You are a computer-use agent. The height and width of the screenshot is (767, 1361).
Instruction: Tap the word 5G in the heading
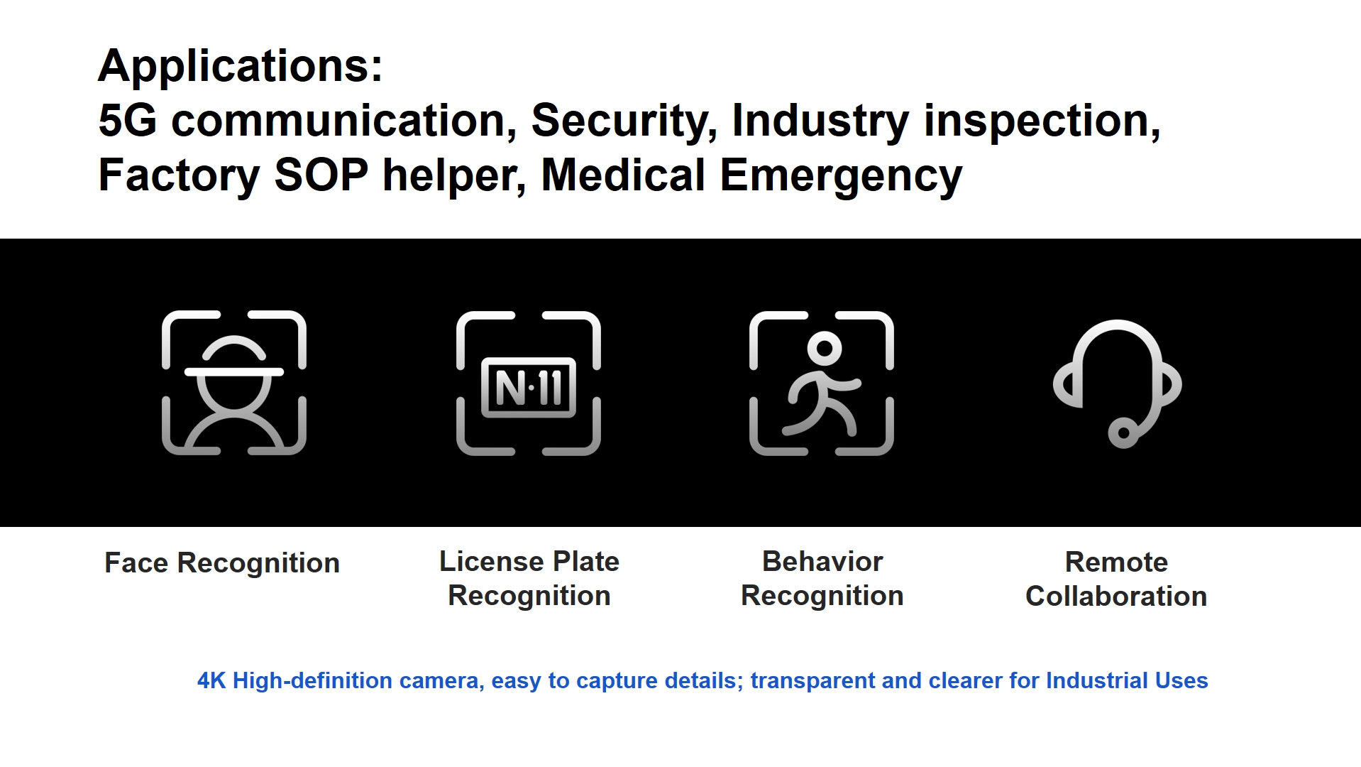coord(128,120)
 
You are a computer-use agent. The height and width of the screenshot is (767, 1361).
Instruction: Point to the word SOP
coord(321,175)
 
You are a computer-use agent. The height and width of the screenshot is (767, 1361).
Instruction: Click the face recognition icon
coord(234,383)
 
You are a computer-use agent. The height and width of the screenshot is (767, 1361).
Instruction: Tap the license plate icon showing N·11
coord(529,383)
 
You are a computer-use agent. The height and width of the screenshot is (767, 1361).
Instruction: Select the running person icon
coord(822,383)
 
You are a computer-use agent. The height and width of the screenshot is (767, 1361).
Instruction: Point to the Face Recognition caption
coord(222,564)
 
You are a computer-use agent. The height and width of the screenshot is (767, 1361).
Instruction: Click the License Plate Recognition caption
coord(529,579)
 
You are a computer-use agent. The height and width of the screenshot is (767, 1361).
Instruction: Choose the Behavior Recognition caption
coord(822,579)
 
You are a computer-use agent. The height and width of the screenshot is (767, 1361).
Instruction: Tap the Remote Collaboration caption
coord(1116,580)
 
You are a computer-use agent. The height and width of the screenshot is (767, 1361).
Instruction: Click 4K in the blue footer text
coord(211,680)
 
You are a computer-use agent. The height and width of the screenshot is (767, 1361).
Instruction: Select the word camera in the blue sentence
coord(441,682)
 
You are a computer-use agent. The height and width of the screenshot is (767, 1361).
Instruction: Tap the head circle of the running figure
coord(825,349)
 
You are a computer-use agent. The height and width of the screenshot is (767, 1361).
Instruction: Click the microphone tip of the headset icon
coord(1123,433)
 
